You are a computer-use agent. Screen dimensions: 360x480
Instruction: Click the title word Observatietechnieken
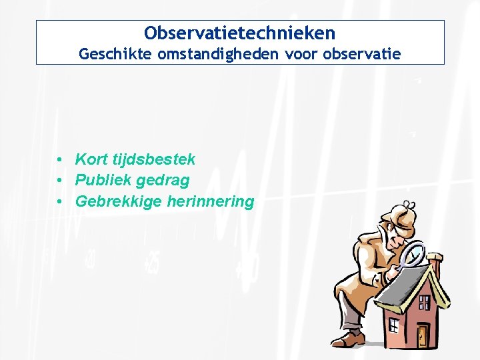click(x=240, y=32)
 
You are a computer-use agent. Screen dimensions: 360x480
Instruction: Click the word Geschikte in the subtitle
click(x=115, y=54)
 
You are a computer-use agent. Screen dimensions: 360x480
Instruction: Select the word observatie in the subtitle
click(x=362, y=54)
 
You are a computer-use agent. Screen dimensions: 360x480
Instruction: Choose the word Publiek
click(x=103, y=180)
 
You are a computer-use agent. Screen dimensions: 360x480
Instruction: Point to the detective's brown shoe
click(x=352, y=338)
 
